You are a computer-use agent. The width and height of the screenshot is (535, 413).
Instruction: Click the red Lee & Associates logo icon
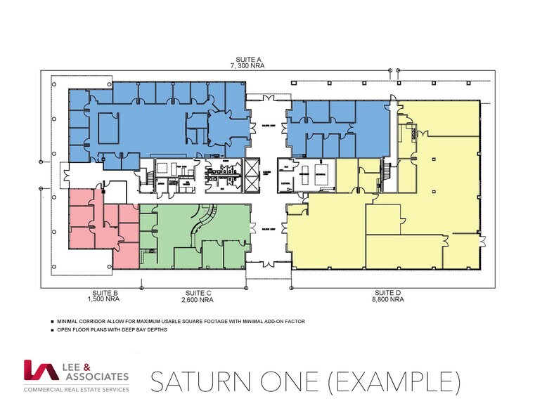(x=39, y=371)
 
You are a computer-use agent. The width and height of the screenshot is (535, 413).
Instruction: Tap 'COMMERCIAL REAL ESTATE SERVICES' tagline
(x=76, y=388)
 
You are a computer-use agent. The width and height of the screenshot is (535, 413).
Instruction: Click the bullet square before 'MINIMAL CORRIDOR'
(x=53, y=322)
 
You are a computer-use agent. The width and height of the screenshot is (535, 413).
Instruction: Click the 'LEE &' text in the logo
(x=79, y=365)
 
